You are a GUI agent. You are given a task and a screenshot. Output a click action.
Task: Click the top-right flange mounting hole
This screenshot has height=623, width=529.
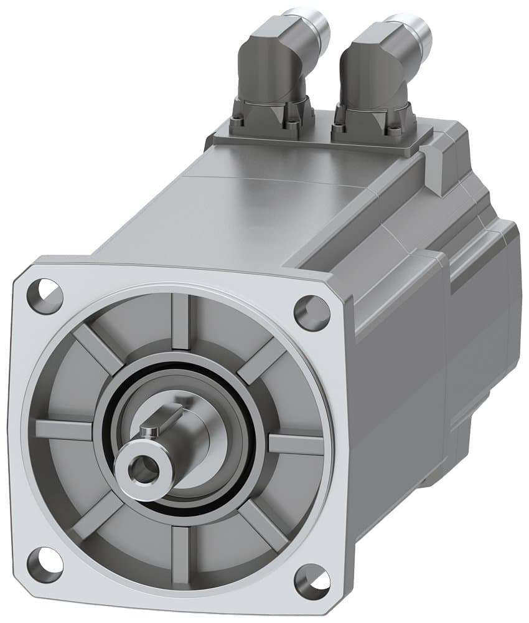(311, 312)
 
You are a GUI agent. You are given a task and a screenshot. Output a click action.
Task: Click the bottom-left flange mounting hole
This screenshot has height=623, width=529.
(45, 562)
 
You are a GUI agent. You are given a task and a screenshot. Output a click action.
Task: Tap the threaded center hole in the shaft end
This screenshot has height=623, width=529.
(145, 467)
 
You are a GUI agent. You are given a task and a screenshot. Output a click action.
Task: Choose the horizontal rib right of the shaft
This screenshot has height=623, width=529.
(296, 444)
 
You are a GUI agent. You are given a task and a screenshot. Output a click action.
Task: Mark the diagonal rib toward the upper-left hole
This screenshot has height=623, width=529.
(100, 349)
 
